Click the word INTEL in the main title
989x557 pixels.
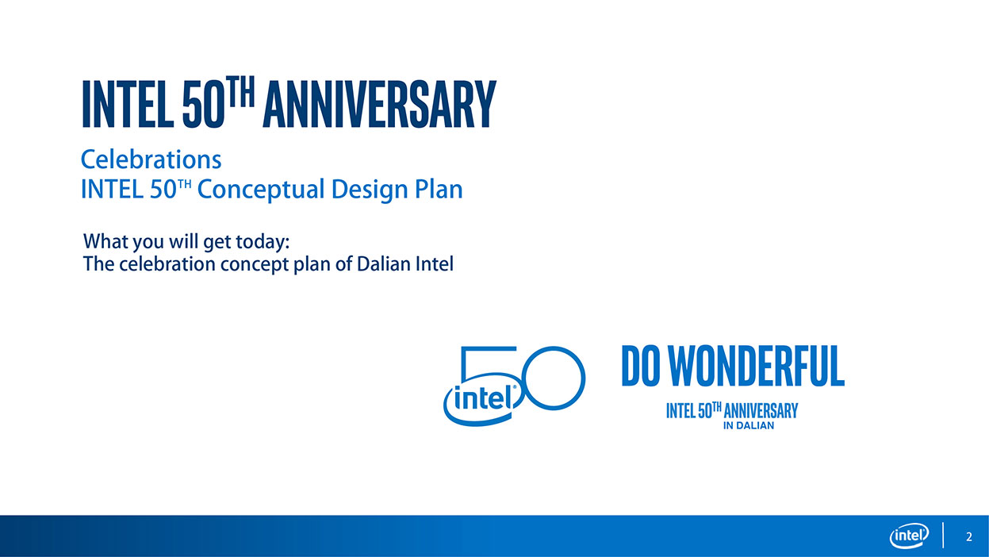pos(128,104)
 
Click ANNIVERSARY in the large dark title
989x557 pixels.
pos(380,104)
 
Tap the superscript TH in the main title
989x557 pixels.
pos(240,91)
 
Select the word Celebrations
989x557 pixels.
pos(151,159)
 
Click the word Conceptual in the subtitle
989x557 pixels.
pos(261,190)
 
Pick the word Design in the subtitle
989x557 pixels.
pos(370,190)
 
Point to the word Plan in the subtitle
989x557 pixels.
pos(439,189)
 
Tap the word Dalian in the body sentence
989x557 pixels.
pos(383,264)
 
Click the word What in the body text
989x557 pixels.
pos(105,241)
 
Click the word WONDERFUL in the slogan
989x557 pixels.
pos(756,367)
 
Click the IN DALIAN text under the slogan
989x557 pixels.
pos(749,425)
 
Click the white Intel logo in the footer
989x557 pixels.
pos(909,536)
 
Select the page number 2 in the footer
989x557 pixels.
pos(968,536)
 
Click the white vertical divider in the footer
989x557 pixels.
pos(943,536)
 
